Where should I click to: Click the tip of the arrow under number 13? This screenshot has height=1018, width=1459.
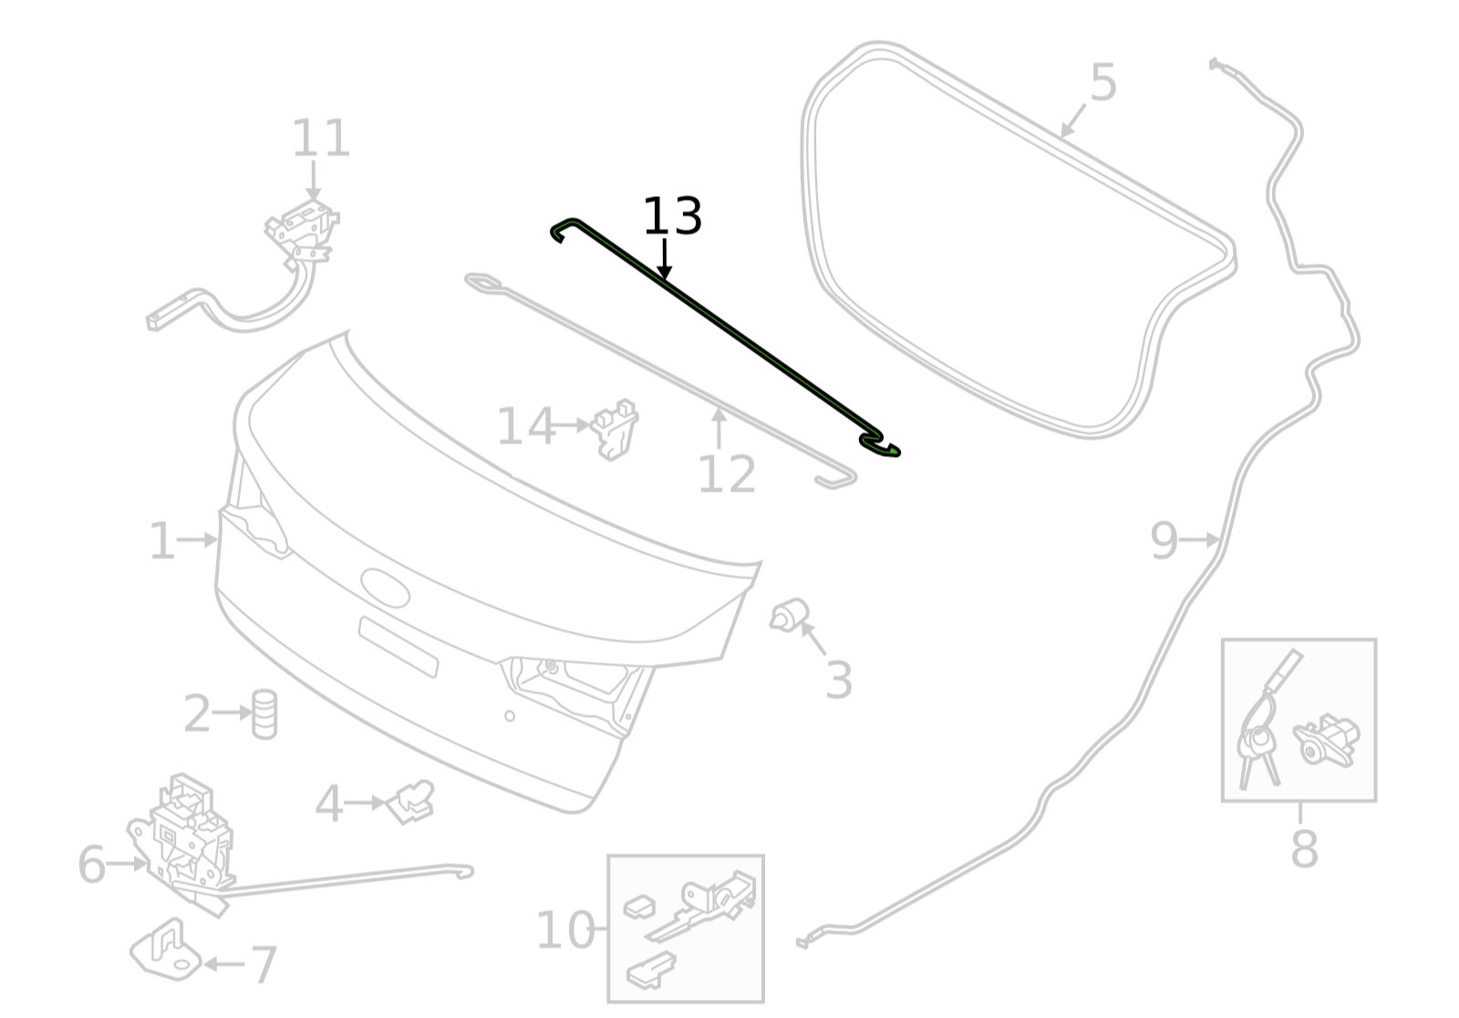(664, 280)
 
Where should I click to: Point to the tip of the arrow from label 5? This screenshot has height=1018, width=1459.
(1061, 138)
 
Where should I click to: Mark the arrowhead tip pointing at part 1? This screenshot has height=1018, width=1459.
(218, 540)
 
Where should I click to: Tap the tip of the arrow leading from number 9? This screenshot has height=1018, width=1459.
(1220, 540)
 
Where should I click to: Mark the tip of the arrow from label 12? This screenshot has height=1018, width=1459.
(719, 407)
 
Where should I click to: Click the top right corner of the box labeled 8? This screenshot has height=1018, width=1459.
(1376, 639)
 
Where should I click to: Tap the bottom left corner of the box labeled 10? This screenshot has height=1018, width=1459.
(608, 1002)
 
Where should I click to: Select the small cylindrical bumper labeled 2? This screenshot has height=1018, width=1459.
(264, 713)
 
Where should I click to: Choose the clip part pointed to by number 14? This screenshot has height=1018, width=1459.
(615, 429)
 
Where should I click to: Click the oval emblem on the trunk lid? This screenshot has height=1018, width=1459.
(385, 587)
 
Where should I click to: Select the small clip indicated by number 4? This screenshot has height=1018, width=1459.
(410, 802)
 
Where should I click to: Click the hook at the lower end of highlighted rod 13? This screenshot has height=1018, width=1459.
(880, 444)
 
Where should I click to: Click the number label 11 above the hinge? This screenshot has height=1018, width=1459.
(321, 138)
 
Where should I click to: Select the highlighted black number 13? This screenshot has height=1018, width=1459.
(673, 216)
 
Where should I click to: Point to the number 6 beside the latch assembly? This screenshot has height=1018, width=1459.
(91, 864)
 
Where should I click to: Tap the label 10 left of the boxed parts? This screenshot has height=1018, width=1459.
(564, 930)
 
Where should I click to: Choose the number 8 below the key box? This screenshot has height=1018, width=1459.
(1304, 849)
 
